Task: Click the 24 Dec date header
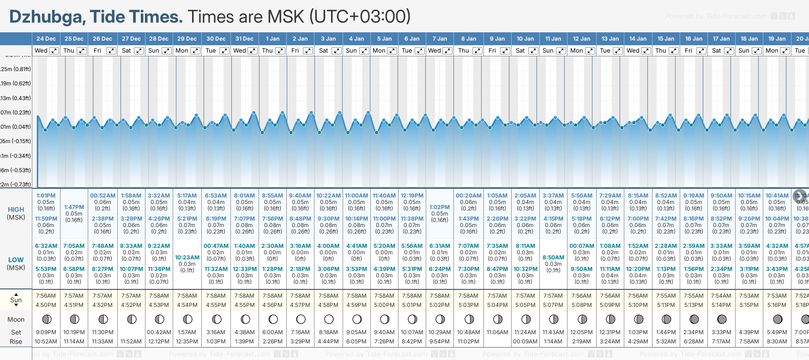click(x=46, y=39)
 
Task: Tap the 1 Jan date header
click(x=272, y=39)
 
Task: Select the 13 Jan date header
click(x=610, y=39)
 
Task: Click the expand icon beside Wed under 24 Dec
click(x=54, y=51)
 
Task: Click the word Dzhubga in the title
click(x=46, y=17)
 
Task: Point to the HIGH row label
click(x=16, y=210)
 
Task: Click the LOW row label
click(x=16, y=260)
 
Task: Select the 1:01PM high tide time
click(x=46, y=196)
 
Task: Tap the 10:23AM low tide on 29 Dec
click(x=187, y=258)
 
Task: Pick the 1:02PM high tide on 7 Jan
click(x=440, y=207)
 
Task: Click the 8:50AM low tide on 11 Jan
click(x=553, y=258)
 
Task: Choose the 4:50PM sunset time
click(x=46, y=305)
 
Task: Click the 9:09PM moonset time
click(x=46, y=332)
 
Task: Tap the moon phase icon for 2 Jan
click(x=301, y=319)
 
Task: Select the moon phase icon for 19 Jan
click(x=778, y=319)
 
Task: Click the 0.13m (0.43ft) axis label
click(x=16, y=98)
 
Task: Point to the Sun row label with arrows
click(x=16, y=300)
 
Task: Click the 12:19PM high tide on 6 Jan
click(x=412, y=196)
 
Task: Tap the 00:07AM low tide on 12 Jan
click(x=582, y=246)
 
